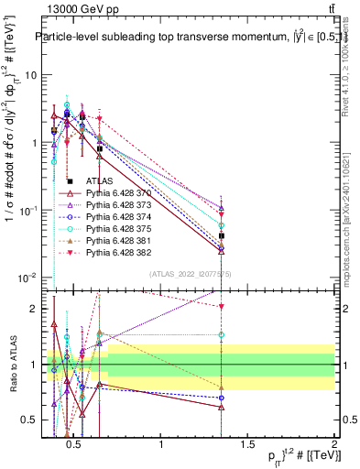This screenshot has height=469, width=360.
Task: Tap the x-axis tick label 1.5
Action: pyautogui.click(x=247, y=446)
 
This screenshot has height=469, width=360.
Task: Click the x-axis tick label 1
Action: pyautogui.click(x=162, y=446)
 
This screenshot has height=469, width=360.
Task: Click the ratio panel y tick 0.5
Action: pyautogui.click(x=29, y=420)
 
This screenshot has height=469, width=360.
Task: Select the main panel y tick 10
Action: pyautogui.click(x=30, y=75)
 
